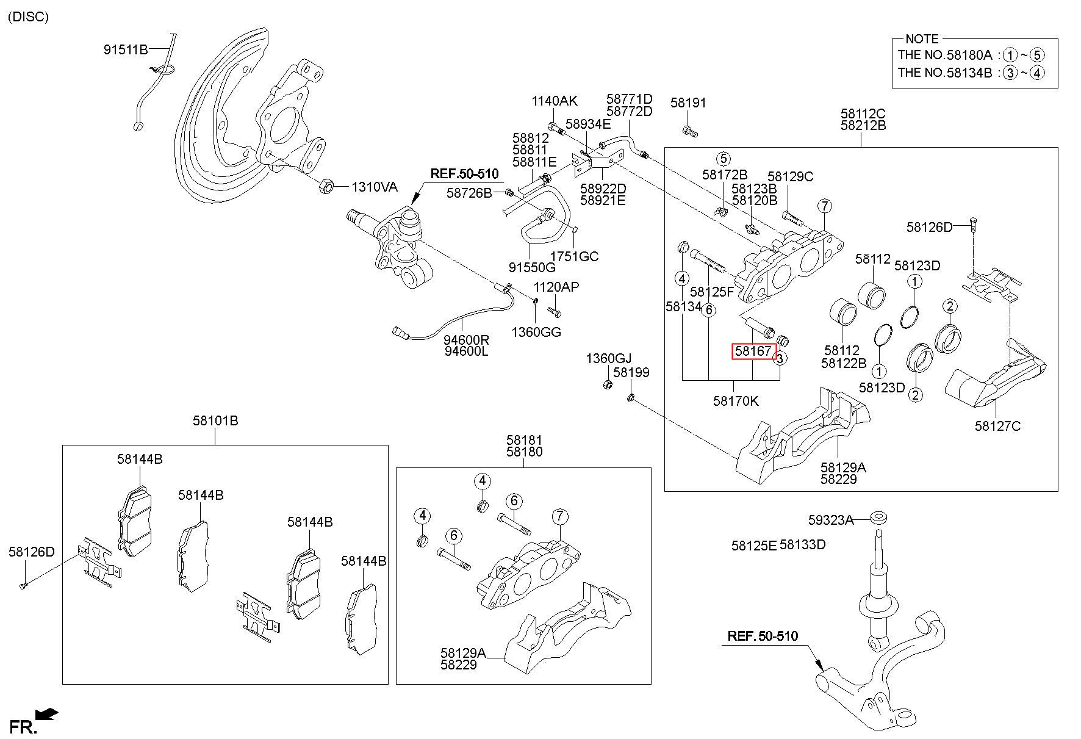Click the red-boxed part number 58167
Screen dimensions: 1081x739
point(753,351)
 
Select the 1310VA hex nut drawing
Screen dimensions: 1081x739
point(325,185)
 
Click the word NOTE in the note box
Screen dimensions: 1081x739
point(922,38)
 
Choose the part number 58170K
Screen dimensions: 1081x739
point(736,401)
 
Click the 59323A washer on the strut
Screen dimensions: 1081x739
point(877,517)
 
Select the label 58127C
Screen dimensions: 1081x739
point(997,426)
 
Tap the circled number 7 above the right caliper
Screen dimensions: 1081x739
point(824,206)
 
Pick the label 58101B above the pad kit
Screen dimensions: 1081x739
point(215,420)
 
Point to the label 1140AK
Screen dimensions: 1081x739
point(555,101)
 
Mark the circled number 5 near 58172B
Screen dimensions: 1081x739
point(723,159)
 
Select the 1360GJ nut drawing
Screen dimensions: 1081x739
point(608,384)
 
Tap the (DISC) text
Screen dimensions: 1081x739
point(28,16)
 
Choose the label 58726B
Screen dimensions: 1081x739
point(469,193)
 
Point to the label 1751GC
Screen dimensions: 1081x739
point(574,256)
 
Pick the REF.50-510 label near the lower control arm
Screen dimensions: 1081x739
point(763,636)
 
